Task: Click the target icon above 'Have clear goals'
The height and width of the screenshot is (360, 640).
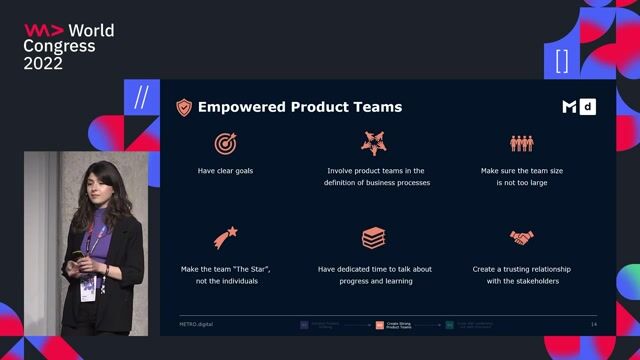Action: pos(225,143)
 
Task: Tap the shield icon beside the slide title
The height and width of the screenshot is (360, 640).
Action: pos(184,107)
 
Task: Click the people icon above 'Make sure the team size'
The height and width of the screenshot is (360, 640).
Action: pos(522,143)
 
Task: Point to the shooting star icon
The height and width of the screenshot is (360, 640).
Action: pos(225,238)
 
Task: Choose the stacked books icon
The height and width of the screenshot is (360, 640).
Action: pos(373,238)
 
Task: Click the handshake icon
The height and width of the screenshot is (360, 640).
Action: pos(522,238)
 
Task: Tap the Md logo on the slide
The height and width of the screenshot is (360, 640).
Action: pos(578,107)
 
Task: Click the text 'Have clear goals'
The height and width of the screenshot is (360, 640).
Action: pos(225,171)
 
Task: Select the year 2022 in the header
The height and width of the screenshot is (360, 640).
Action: pos(43,63)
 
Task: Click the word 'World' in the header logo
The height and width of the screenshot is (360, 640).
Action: pos(91,31)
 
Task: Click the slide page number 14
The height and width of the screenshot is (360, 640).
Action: pos(594,325)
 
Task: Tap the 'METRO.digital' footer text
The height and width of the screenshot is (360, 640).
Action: pos(197,325)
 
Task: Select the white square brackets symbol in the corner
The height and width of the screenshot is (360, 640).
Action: pos(561,61)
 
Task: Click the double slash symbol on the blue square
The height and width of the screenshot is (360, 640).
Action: pos(140,97)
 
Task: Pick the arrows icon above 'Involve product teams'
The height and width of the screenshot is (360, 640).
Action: pos(373,143)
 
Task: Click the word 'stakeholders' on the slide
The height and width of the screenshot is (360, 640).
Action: pos(540,282)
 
